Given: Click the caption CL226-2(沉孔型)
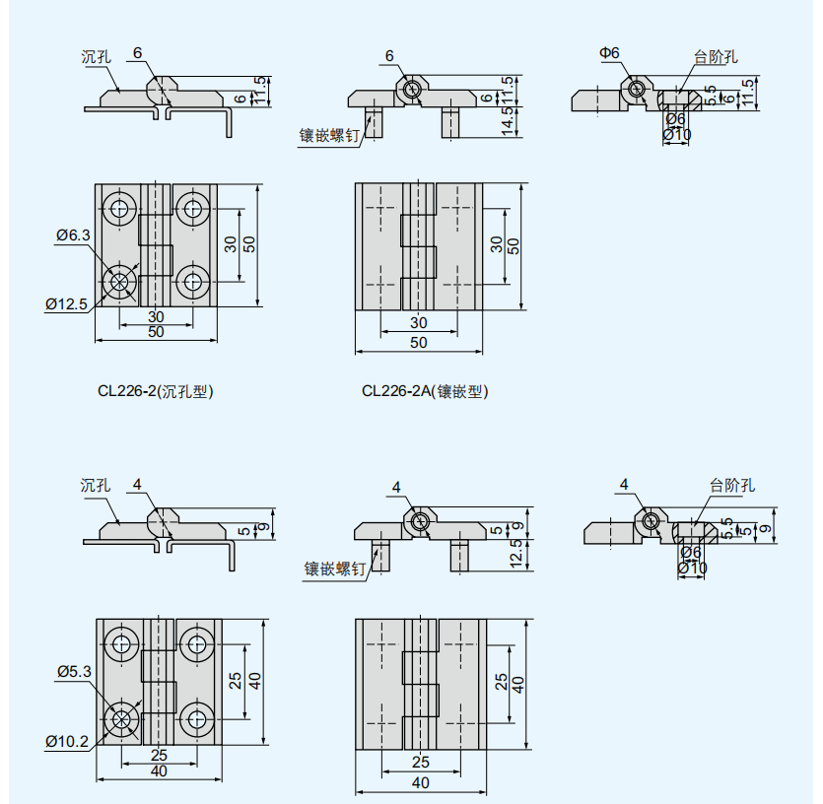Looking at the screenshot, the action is coord(156,391).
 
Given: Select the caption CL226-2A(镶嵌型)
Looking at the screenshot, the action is coord(425,391).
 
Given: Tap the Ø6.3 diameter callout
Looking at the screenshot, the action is coord(73,235).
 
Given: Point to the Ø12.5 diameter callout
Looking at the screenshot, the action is coord(66,303).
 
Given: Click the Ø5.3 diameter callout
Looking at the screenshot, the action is coord(74,672).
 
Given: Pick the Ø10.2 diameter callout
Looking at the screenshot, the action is coord(67,742).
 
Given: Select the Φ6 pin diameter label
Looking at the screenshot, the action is coord(609,53).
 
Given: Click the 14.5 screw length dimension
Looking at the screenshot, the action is coord(508,121).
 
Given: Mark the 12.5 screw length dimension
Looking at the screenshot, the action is coord(517,554).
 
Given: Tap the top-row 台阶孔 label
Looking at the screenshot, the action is coord(716,57).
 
